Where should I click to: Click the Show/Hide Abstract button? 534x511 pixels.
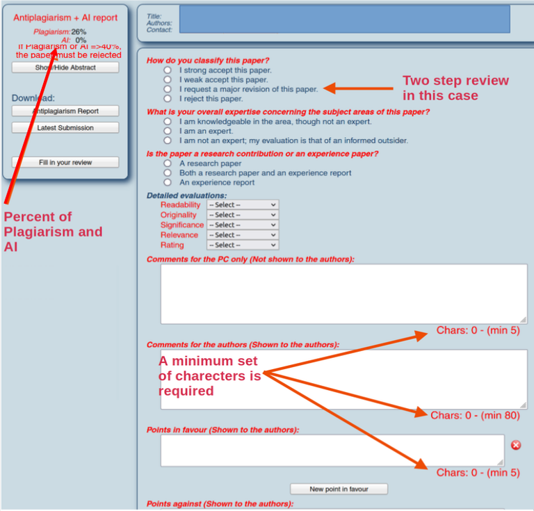pyautogui.click(x=65, y=67)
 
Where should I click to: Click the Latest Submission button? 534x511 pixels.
pyautogui.click(x=65, y=128)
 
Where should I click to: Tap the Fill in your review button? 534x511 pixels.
pyautogui.click(x=65, y=163)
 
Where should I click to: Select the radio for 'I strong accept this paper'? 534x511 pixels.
pyautogui.click(x=168, y=70)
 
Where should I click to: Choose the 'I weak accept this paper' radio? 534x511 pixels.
pyautogui.click(x=168, y=80)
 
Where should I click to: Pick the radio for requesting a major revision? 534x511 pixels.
pyautogui.click(x=168, y=89)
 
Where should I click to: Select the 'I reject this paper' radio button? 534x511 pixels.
pyautogui.click(x=168, y=99)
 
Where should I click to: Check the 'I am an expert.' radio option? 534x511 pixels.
pyautogui.click(x=168, y=131)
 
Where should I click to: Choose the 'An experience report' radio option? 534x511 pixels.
pyautogui.click(x=168, y=182)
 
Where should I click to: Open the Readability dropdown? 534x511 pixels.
pyautogui.click(x=242, y=205)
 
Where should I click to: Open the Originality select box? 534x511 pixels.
pyautogui.click(x=242, y=215)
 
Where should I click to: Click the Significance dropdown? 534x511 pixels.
pyautogui.click(x=242, y=225)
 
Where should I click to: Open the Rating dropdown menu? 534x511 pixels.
pyautogui.click(x=242, y=245)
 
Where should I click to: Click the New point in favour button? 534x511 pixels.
pyautogui.click(x=339, y=489)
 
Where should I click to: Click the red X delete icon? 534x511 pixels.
pyautogui.click(x=516, y=445)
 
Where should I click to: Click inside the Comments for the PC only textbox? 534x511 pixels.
pyautogui.click(x=343, y=294)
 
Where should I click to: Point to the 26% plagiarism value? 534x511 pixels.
pyautogui.click(x=79, y=32)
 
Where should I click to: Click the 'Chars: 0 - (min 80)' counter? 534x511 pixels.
pyautogui.click(x=475, y=416)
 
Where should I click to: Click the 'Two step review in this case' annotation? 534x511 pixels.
pyautogui.click(x=455, y=88)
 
